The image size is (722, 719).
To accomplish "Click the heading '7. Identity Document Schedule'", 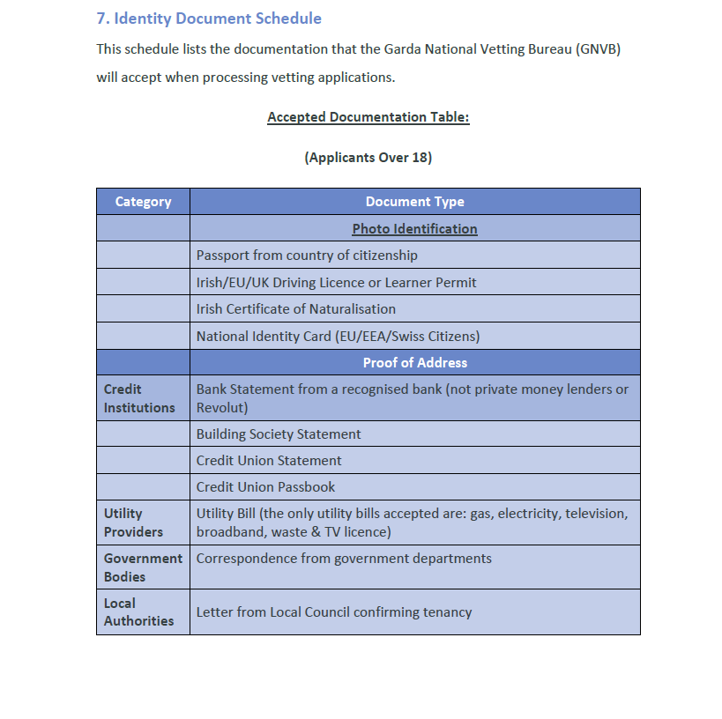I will point(209,19).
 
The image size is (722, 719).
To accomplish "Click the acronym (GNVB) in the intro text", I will point(599,49).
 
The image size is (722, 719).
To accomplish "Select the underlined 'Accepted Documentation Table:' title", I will point(368,117).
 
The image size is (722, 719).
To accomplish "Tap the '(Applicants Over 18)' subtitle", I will point(368,158).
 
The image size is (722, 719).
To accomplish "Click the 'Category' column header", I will point(143,202).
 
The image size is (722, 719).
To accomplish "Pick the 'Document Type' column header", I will point(414,202).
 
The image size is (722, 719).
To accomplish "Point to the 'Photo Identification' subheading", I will point(414,229).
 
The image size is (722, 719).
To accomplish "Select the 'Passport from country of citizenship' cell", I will point(307,256).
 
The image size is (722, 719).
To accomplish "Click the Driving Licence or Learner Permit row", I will point(336,283).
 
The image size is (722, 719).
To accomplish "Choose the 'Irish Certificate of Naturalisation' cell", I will point(295,309).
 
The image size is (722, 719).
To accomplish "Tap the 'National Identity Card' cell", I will point(338,337).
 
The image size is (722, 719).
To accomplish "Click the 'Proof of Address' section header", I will point(414,363).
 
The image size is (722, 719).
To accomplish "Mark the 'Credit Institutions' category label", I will point(139,398).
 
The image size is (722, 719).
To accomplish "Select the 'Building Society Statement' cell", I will point(279,434).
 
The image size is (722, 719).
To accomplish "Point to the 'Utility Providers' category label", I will point(133,523).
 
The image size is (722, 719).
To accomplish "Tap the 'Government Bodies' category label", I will point(143,567).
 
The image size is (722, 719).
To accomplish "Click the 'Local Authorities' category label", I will point(138,612).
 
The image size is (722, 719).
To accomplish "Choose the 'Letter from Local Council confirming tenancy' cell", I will point(334,612).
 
